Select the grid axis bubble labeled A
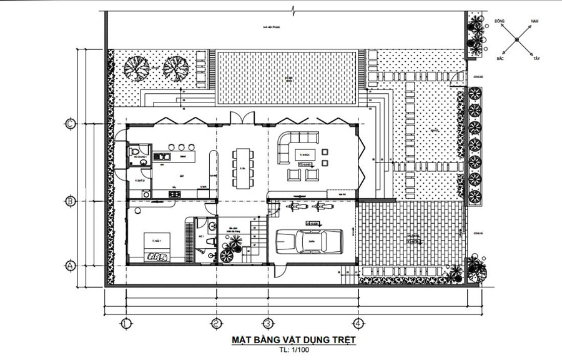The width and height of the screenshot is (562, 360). point(71,265)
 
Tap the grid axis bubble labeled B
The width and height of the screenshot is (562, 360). point(71,201)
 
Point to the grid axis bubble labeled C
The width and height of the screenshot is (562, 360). point(71,124)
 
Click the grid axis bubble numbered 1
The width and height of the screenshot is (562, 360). point(126,323)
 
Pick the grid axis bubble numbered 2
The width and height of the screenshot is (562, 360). point(216,323)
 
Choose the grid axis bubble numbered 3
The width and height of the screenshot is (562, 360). point(267,323)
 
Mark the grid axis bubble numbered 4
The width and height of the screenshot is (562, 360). point(357,323)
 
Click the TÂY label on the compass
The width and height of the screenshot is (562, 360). point(536,58)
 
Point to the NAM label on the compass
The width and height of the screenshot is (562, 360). point(535,21)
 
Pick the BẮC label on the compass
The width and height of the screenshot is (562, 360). point(500,58)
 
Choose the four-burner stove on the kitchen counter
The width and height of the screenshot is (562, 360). point(174,195)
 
